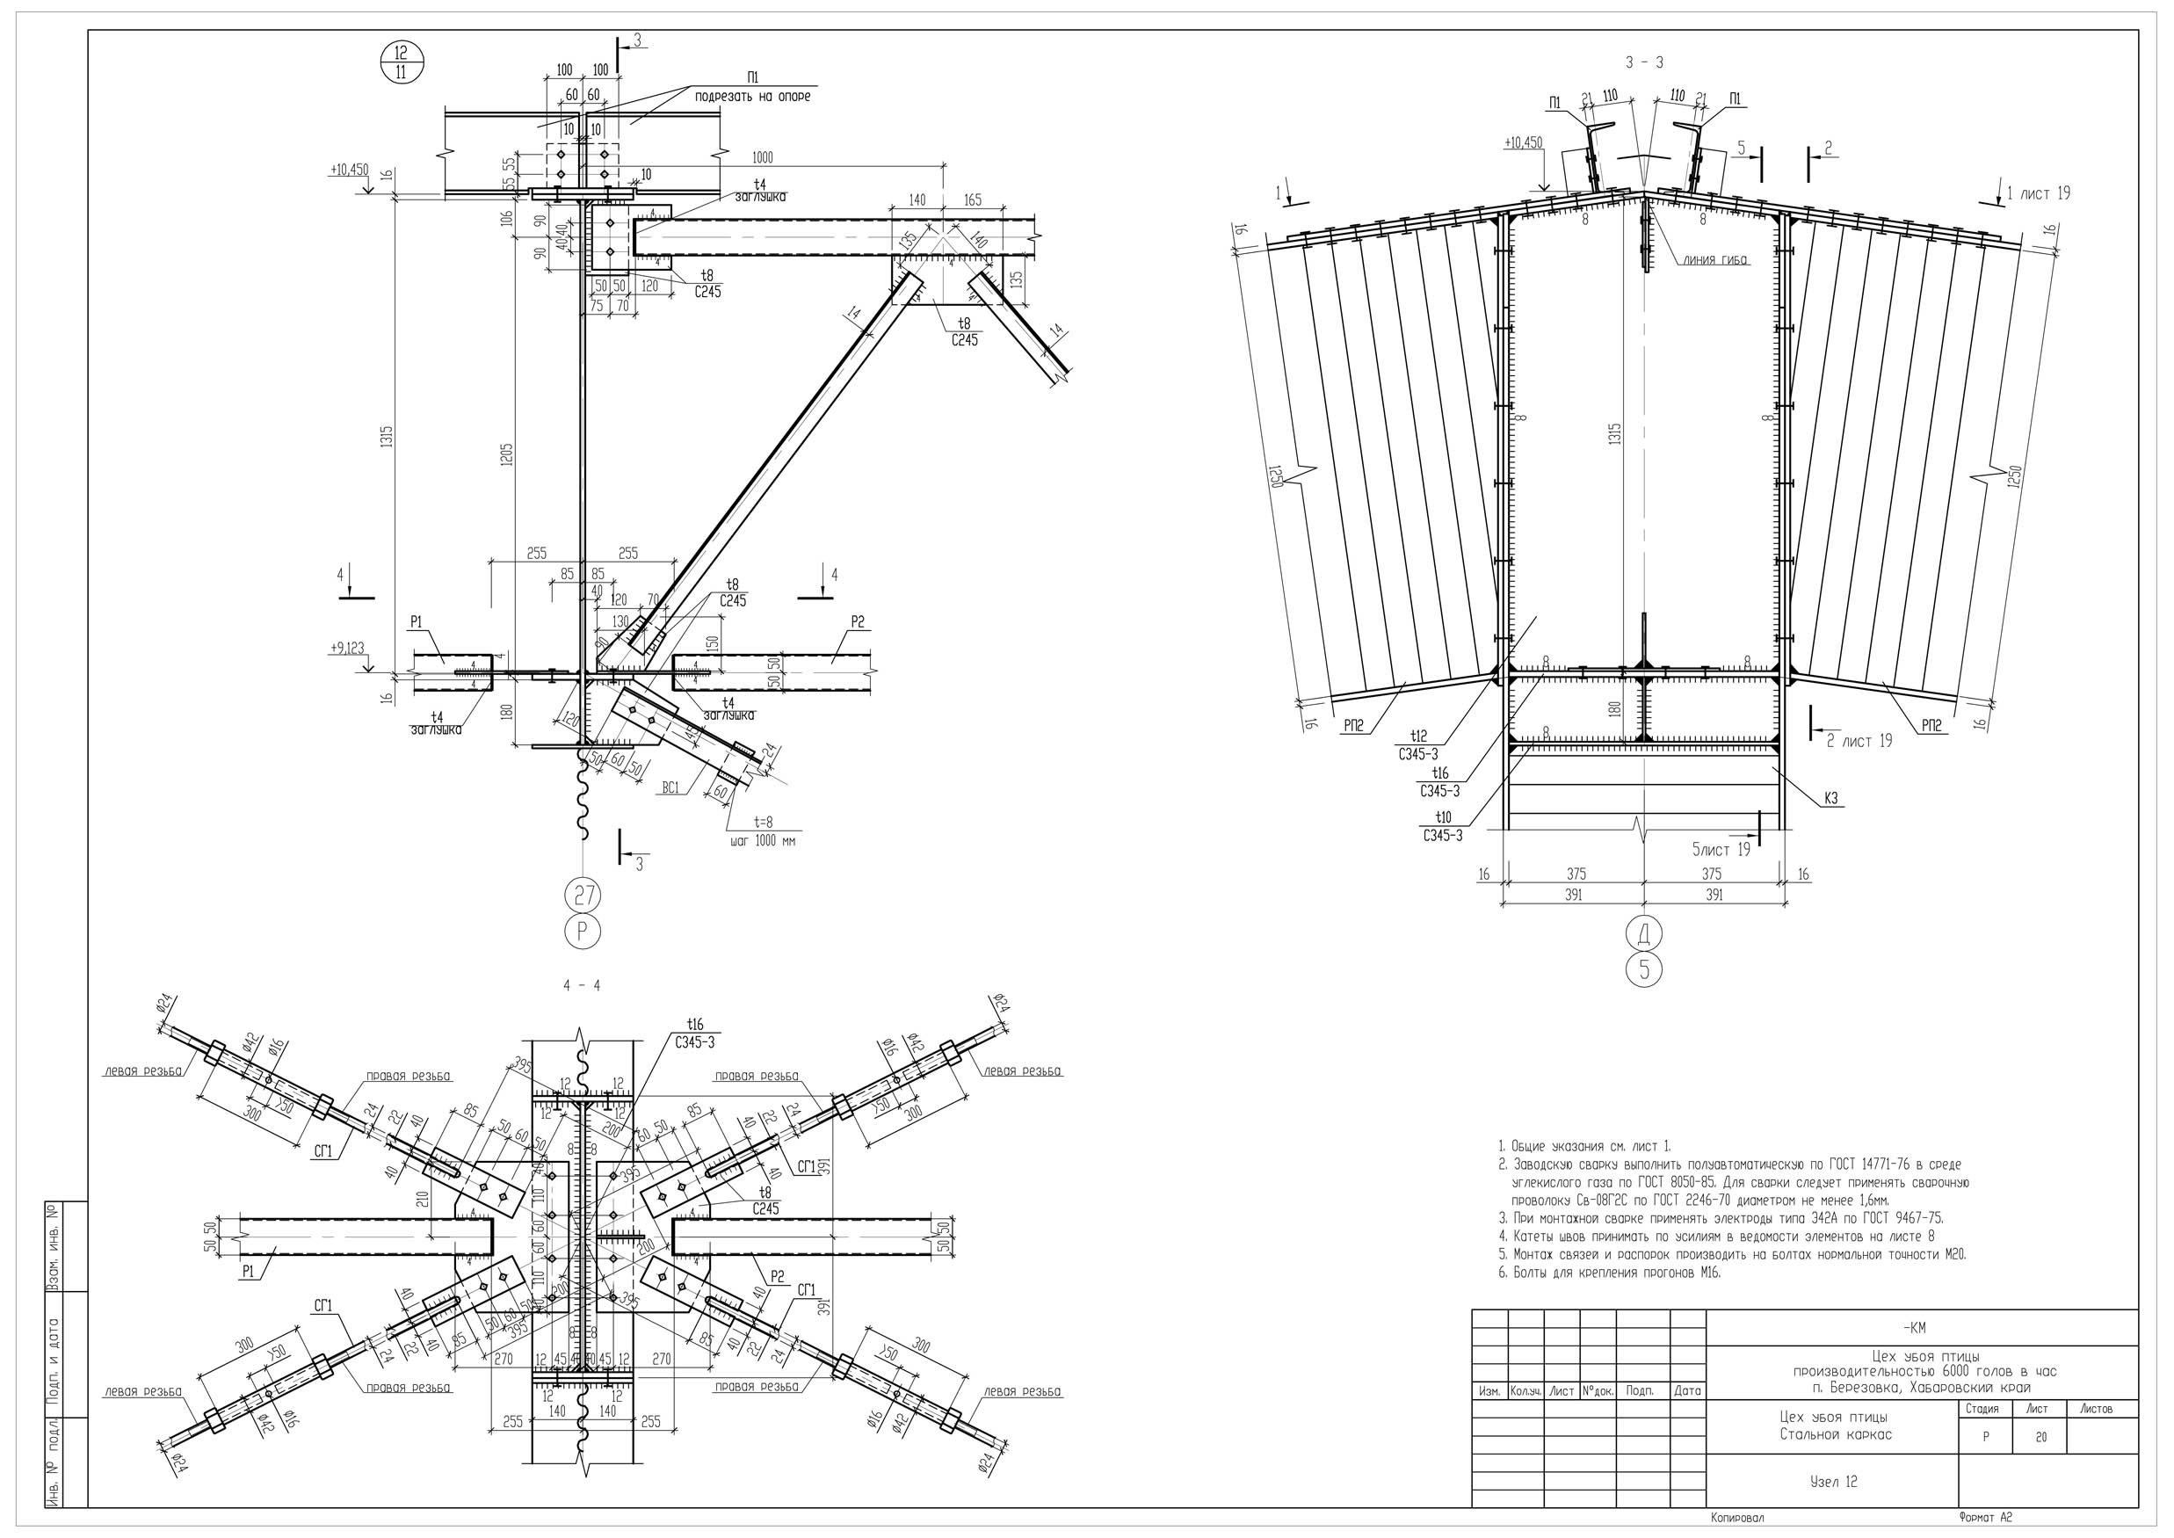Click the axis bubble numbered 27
point(583,893)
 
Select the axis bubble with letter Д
point(1644,933)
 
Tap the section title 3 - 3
point(1645,62)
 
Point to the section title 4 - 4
point(582,986)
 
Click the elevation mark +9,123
point(346,649)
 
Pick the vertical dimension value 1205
point(508,460)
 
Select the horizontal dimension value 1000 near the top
point(761,158)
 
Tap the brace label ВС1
point(670,787)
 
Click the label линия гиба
point(1714,260)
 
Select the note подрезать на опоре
point(753,97)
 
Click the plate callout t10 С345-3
point(1442,826)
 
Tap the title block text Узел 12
point(1833,1482)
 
